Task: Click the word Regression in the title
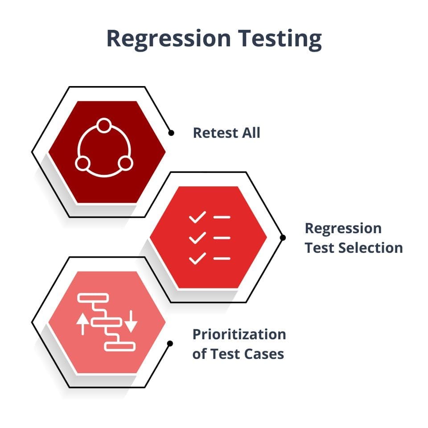[x=169, y=39]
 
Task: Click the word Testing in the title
[x=280, y=39]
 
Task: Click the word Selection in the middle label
[x=372, y=248]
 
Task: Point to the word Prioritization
[x=239, y=334]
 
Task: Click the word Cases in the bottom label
[x=263, y=354]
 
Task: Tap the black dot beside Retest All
[x=171, y=133]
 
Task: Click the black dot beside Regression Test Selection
[x=283, y=238]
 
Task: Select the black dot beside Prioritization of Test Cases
[x=170, y=343]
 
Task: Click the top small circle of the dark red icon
[x=104, y=126]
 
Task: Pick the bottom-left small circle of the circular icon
[x=83, y=164]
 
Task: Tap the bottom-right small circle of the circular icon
[x=126, y=164]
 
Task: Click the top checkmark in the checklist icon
[x=198, y=217]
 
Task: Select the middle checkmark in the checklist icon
[x=198, y=238]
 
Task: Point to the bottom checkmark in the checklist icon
[x=198, y=259]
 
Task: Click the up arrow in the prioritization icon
[x=83, y=324]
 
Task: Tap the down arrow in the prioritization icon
[x=131, y=321]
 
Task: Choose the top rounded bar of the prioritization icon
[x=93, y=298]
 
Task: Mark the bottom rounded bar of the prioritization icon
[x=120, y=346]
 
